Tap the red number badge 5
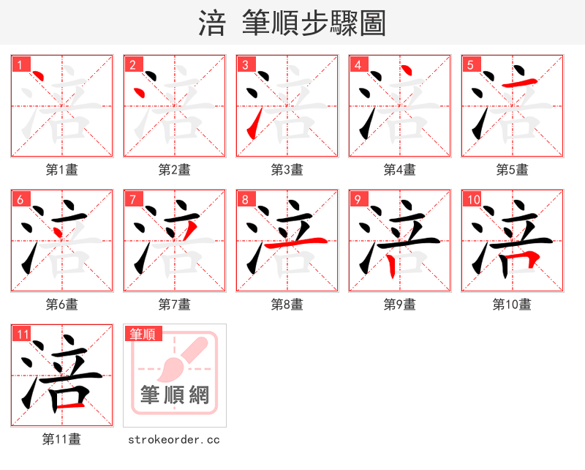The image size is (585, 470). tap(470, 64)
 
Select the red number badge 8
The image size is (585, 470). tap(245, 199)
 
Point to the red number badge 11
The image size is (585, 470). tap(22, 334)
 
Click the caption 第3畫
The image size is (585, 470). tap(287, 170)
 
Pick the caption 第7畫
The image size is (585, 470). tap(174, 305)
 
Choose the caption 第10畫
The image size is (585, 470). tap(512, 305)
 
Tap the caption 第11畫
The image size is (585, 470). tap(61, 439)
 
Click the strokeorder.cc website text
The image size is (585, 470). tap(174, 439)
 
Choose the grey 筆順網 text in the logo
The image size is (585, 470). tap(175, 395)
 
